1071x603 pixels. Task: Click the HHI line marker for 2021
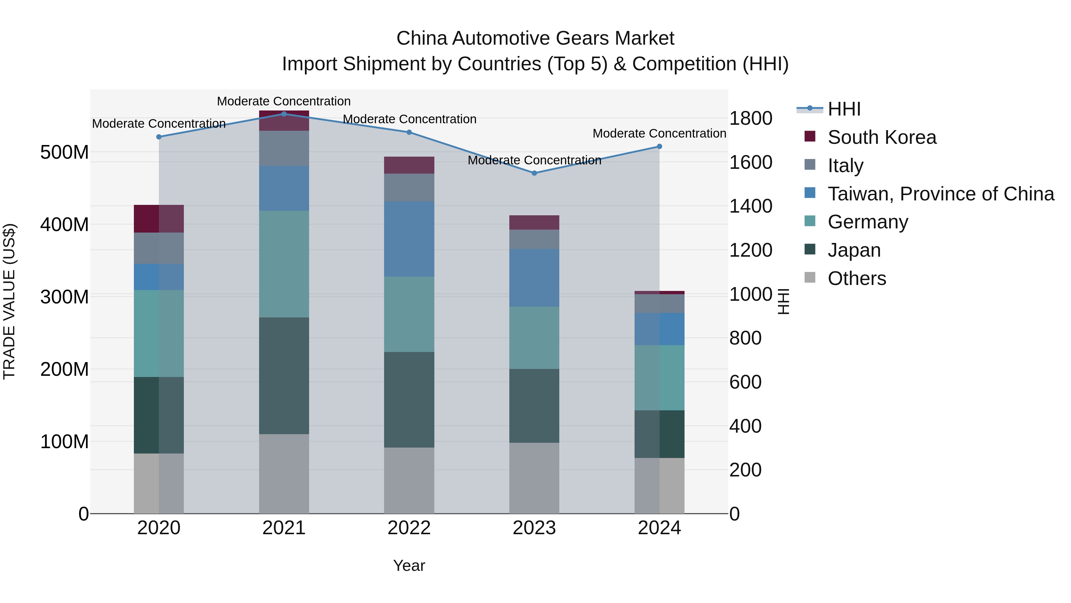(284, 114)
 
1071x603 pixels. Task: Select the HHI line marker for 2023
(534, 173)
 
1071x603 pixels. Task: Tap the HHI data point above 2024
(659, 147)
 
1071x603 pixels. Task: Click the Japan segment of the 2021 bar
(284, 375)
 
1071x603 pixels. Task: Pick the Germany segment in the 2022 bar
(409, 314)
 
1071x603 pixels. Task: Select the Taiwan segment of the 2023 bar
(534, 278)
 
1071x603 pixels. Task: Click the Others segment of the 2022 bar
(409, 480)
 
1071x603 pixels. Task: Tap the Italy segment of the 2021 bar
(284, 149)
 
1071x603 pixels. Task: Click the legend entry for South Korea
(881, 137)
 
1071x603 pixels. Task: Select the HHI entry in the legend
(844, 109)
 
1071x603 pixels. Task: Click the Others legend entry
(857, 278)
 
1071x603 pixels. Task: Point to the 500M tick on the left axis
(65, 152)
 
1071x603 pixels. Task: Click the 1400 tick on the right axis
(751, 206)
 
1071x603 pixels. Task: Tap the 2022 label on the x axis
(409, 528)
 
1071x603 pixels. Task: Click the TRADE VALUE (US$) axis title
(9, 301)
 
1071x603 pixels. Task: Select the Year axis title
(409, 565)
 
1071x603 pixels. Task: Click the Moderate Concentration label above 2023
(534, 160)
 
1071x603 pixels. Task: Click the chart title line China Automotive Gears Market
(535, 38)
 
